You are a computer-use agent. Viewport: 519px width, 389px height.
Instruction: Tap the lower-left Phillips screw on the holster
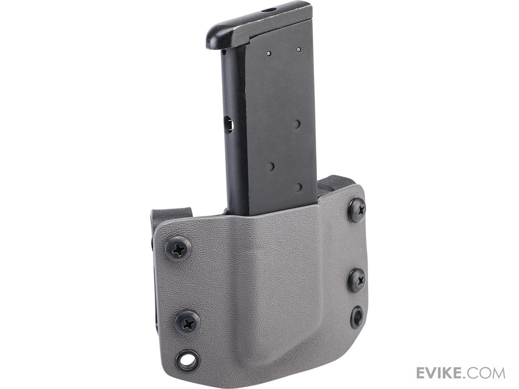[188, 322]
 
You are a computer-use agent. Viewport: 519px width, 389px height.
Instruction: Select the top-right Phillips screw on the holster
[357, 210]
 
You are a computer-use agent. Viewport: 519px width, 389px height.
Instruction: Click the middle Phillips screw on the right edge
[357, 281]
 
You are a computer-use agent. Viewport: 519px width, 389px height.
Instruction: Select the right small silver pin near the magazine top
[298, 50]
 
